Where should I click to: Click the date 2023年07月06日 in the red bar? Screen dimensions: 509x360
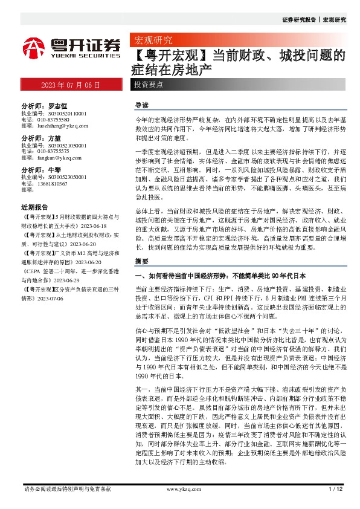pyautogui.click(x=70, y=85)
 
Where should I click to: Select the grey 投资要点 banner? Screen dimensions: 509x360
pyautogui.click(x=149, y=85)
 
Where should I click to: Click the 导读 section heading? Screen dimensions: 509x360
pyautogui.click(x=142, y=105)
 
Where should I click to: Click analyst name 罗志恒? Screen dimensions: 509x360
pyautogui.click(x=58, y=105)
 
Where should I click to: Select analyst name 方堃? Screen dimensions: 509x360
pyautogui.click(x=54, y=138)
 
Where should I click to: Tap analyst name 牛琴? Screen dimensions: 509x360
pyautogui.click(x=54, y=170)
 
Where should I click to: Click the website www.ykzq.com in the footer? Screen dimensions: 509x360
pyautogui.click(x=179, y=488)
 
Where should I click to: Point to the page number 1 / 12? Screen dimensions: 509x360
pyautogui.click(x=336, y=488)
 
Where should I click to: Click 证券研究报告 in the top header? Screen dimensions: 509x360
pyautogui.click(x=298, y=20)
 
